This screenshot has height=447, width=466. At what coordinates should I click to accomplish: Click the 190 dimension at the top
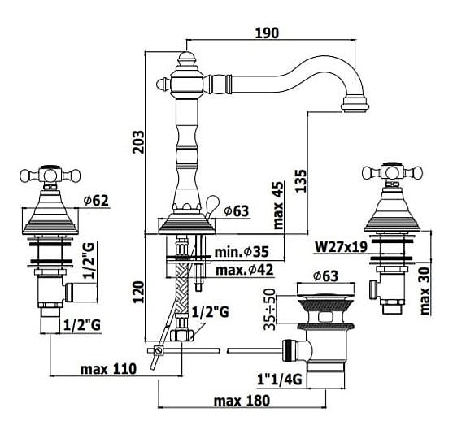point(268,33)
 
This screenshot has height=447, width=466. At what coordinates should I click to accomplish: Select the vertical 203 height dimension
point(138,141)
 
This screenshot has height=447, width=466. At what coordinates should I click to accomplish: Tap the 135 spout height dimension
point(300,181)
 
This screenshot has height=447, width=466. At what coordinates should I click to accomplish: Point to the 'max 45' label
point(278,206)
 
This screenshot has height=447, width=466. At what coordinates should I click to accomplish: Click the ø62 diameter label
point(96,201)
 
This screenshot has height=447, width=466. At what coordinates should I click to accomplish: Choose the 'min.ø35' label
point(242,252)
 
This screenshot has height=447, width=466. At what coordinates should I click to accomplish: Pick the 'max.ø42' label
point(244,270)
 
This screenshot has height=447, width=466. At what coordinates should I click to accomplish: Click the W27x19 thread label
point(341,246)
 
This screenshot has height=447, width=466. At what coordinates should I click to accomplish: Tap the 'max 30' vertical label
point(425,291)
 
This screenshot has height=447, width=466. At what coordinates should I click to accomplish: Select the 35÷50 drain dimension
point(270,309)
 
